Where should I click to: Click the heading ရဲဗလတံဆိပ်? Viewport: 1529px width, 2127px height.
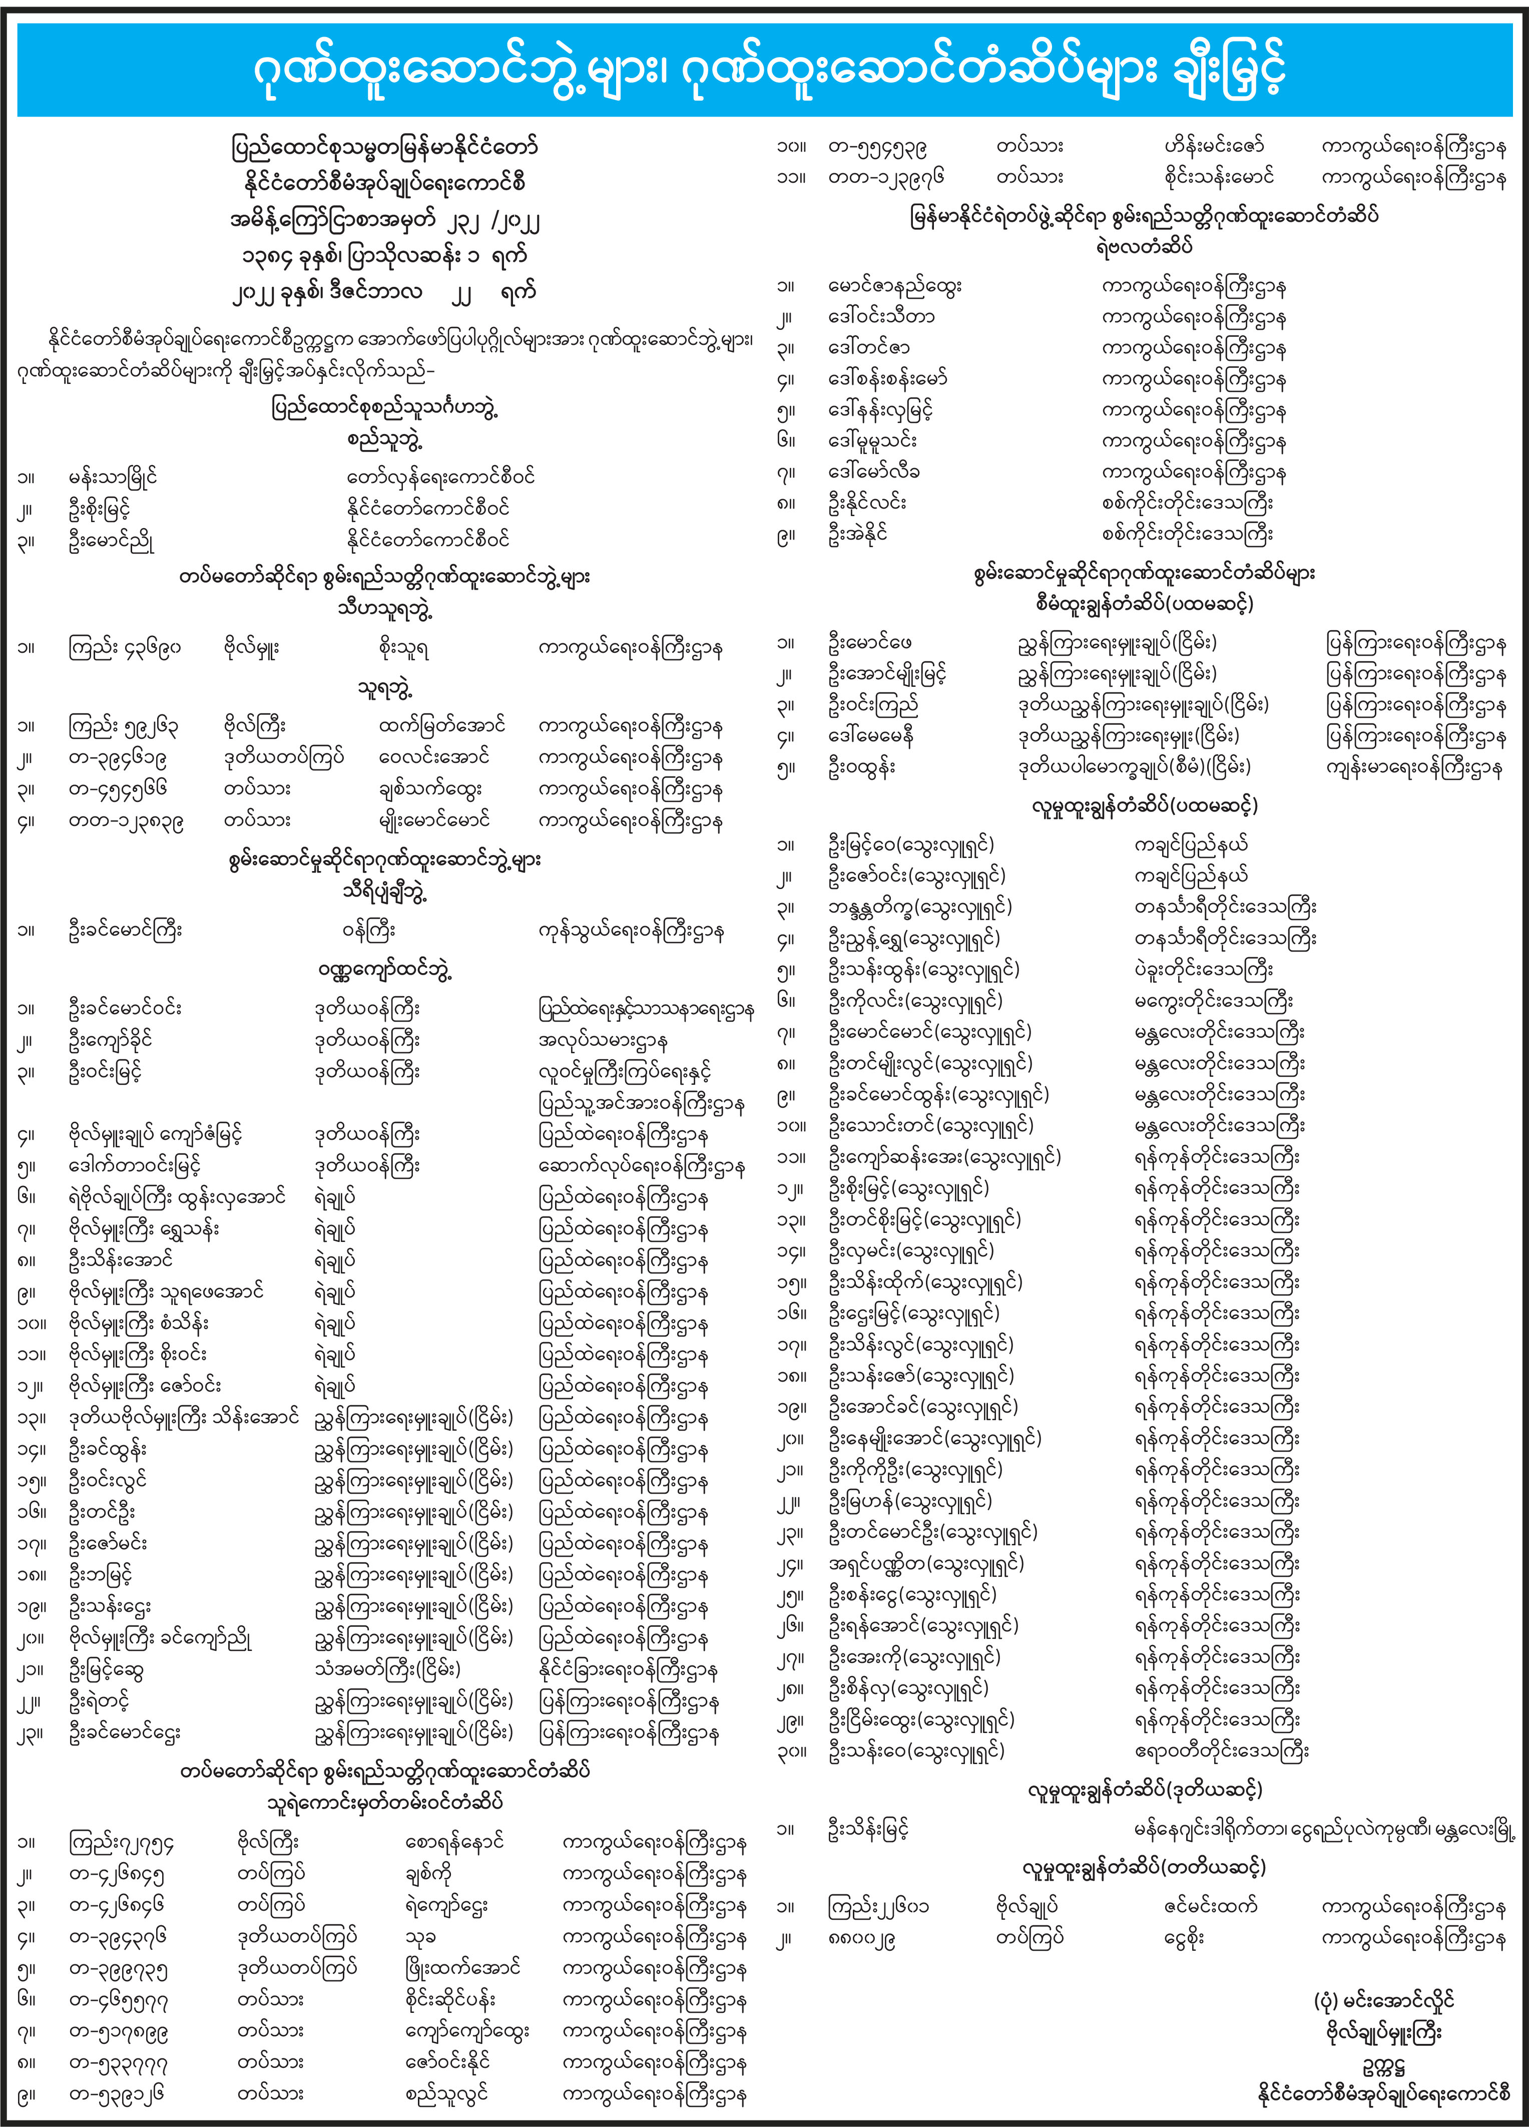point(1144,247)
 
